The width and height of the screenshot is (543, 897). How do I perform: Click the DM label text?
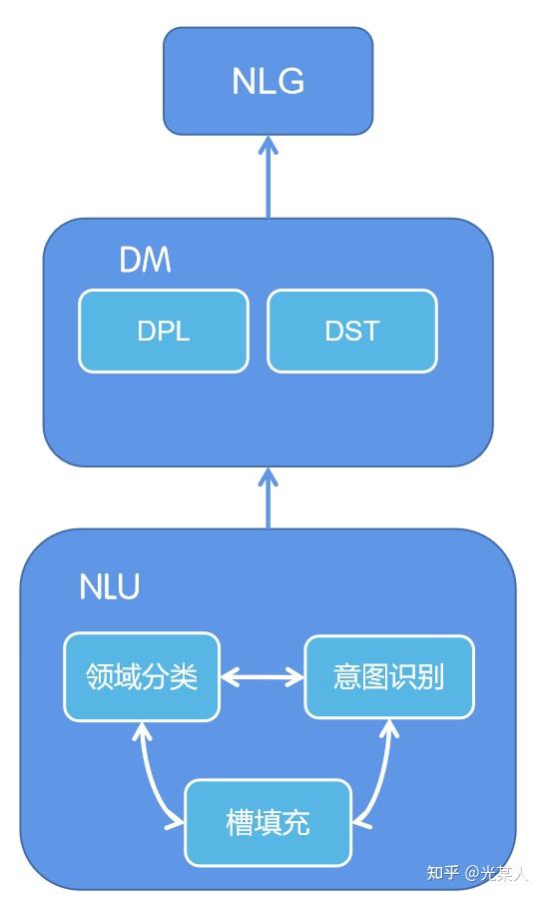pos(145,261)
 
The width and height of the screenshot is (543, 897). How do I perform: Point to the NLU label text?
pos(109,587)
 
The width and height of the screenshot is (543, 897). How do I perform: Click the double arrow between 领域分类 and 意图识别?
pos(262,677)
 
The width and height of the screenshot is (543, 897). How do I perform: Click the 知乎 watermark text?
pos(443,873)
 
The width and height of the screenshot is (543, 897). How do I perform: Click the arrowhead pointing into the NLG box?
pos(268,145)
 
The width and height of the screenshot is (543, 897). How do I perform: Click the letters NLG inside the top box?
pos(268,81)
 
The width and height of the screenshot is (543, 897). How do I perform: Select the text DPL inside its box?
pos(164,332)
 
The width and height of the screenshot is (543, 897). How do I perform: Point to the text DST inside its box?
pos(351,332)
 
